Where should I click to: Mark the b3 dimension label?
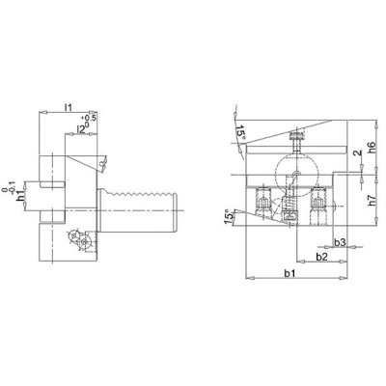coord(339,241)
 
